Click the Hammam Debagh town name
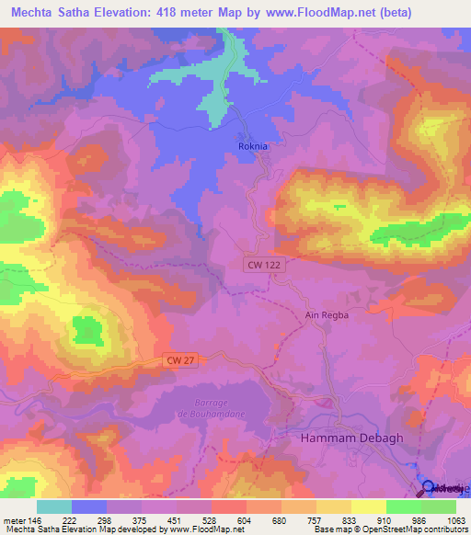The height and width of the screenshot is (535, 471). click(x=339, y=439)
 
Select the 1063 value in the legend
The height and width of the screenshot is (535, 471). click(x=451, y=519)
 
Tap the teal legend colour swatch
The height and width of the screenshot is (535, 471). click(x=54, y=506)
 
